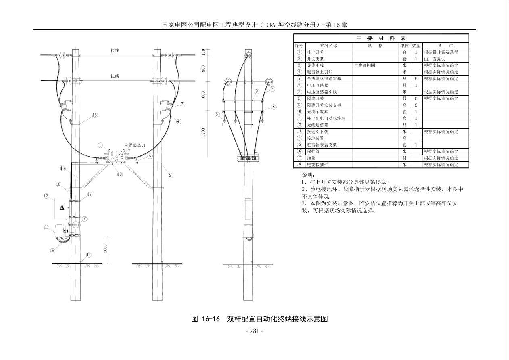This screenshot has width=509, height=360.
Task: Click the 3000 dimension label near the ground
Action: click(x=105, y=248)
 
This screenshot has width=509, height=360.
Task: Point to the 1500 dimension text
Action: click(x=204, y=132)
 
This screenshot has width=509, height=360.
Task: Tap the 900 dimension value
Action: click(x=204, y=69)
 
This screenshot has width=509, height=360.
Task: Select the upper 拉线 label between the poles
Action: click(x=115, y=51)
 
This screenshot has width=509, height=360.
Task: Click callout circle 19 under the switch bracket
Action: click(x=119, y=174)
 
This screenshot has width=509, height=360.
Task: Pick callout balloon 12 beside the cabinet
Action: click(x=46, y=196)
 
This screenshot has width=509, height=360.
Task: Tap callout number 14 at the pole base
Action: click(x=88, y=255)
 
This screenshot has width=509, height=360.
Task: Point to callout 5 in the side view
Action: click(x=217, y=114)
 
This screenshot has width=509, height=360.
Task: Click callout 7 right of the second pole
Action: click(x=182, y=104)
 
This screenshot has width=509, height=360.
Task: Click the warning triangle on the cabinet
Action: click(x=62, y=207)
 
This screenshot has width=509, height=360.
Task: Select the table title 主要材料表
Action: click(x=381, y=38)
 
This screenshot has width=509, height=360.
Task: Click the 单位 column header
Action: click(x=405, y=46)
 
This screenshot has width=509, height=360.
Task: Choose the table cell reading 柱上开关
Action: click(x=315, y=52)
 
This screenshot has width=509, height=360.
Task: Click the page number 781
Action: click(x=255, y=331)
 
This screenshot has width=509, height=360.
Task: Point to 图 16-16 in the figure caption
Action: click(x=205, y=319)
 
